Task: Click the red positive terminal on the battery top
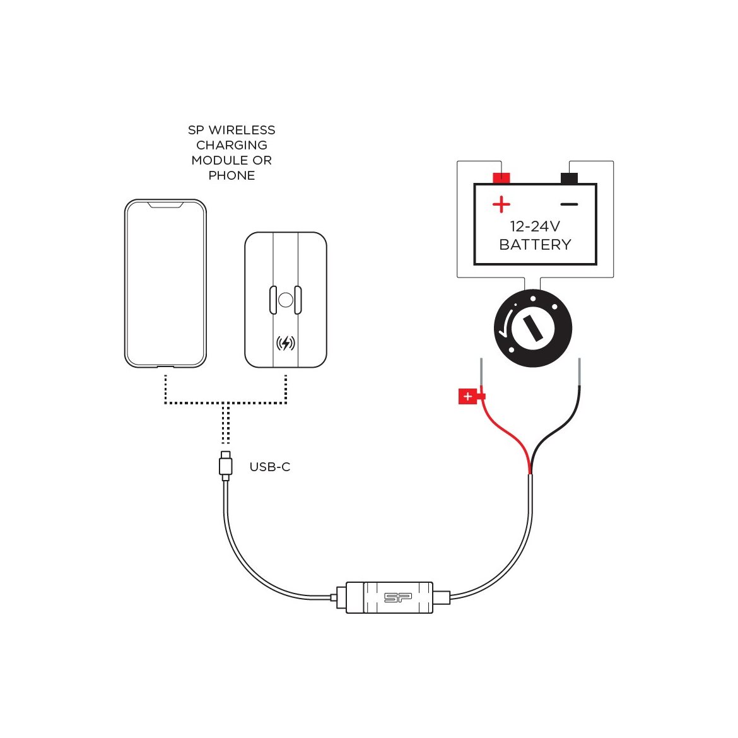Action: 501,178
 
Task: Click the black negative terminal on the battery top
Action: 569,178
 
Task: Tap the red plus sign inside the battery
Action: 501,204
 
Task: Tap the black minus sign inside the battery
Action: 569,204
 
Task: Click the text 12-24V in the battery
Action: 535,226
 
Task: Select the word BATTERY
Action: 535,245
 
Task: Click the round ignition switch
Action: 533,328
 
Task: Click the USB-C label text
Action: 270,467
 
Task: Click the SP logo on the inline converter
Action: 398,597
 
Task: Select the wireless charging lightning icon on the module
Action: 285,343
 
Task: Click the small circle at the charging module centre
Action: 285,300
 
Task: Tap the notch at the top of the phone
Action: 165,205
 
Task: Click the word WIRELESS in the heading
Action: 242,130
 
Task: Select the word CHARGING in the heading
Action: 231,145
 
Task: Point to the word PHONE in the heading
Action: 231,175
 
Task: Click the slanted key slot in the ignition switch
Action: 533,328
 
